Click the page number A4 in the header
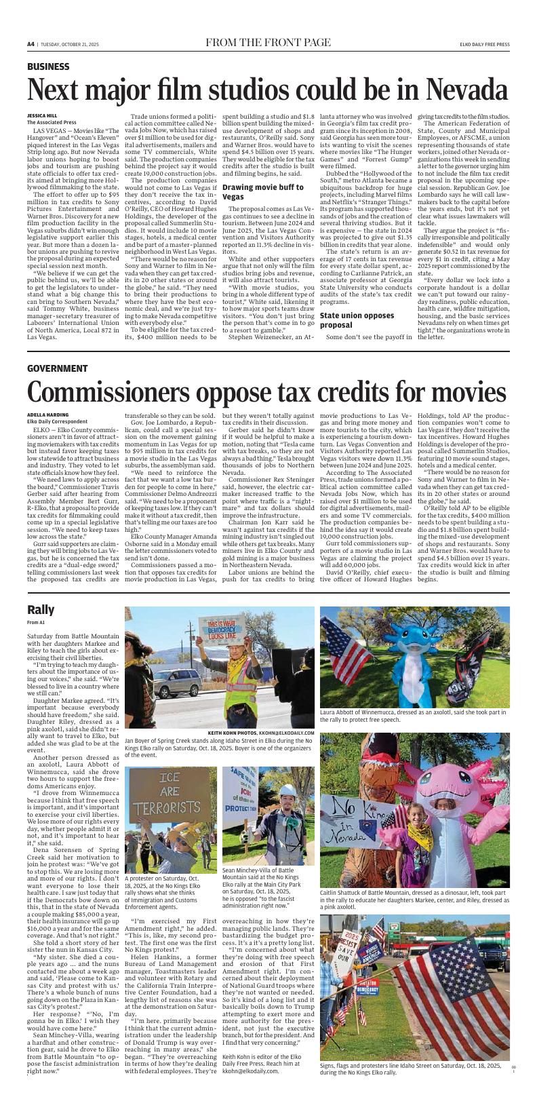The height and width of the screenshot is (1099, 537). [31, 44]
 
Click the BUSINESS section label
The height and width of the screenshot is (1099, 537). [48, 66]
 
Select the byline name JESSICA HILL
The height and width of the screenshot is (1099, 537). [43, 115]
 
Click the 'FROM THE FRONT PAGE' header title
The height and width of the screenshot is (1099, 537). [268, 44]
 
